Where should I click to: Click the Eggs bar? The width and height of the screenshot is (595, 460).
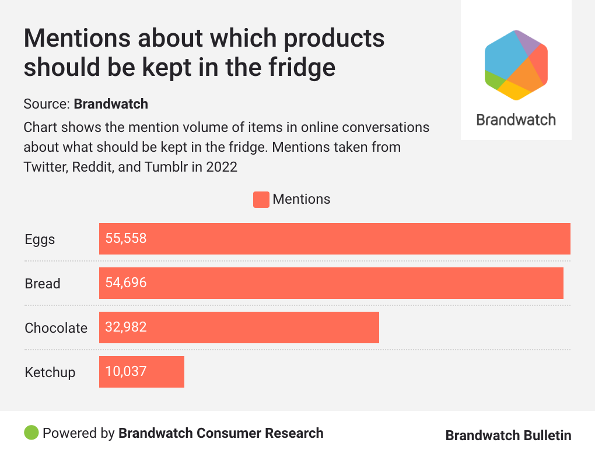pyautogui.click(x=334, y=239)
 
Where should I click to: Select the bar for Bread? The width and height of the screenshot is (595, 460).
pyautogui.click(x=331, y=283)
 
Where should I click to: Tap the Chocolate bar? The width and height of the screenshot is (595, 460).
pyautogui.click(x=239, y=327)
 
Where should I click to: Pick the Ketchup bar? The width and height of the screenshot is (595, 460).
pyautogui.click(x=142, y=372)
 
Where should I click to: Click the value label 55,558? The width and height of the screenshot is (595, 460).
pyautogui.click(x=126, y=239)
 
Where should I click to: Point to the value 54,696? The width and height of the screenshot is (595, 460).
pyautogui.click(x=126, y=283)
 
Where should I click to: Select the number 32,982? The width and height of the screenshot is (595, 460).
pyautogui.click(x=126, y=327)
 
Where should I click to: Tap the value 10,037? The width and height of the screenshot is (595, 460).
pyautogui.click(x=126, y=372)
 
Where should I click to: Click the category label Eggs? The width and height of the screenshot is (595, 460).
pyautogui.click(x=40, y=239)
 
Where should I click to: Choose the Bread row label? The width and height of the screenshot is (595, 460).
pyautogui.click(x=43, y=284)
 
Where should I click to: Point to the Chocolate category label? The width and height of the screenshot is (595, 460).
pyautogui.click(x=56, y=328)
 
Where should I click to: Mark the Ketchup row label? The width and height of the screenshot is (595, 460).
pyautogui.click(x=50, y=372)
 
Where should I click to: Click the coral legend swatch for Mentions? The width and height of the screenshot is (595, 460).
pyautogui.click(x=261, y=200)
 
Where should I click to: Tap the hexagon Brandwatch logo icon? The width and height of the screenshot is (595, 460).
pyautogui.click(x=516, y=65)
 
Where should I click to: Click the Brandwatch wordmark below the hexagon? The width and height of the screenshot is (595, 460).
pyautogui.click(x=516, y=120)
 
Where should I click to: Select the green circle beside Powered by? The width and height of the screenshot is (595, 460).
pyautogui.click(x=32, y=433)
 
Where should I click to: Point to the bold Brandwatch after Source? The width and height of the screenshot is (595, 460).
pyautogui.click(x=111, y=104)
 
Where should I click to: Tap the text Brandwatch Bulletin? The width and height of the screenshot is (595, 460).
pyautogui.click(x=508, y=435)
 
